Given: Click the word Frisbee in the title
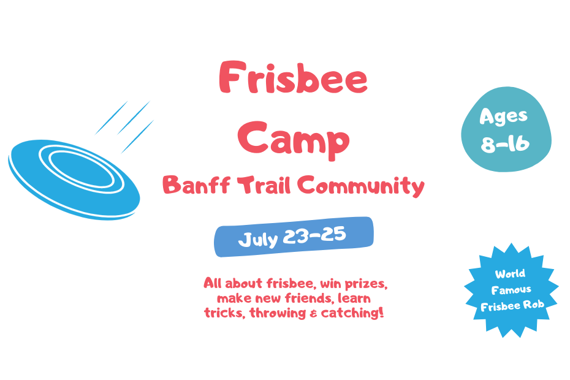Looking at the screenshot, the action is click(293, 77).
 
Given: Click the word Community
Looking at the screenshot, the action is click(361, 186).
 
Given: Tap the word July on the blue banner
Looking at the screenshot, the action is click(258, 240).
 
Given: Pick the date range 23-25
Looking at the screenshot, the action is click(314, 235).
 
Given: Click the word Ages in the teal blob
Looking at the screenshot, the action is click(503, 116).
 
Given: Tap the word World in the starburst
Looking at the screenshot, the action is click(510, 274).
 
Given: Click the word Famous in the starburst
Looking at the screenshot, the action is click(511, 290).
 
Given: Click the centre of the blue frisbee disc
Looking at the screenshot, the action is click(74, 180).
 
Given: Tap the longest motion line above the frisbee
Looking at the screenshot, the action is click(134, 118).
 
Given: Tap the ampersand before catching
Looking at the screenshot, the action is click(313, 314).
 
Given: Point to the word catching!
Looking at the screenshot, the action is click(352, 313).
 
